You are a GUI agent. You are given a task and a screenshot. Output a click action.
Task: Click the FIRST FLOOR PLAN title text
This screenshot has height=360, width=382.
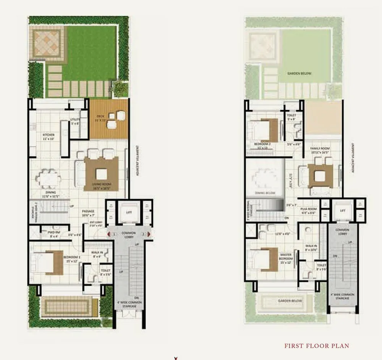click(x=317, y=346)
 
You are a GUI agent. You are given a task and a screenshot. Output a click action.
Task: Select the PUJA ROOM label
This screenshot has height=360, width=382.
click(x=308, y=210)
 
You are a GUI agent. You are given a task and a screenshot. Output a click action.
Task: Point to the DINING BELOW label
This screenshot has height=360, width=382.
click(x=265, y=193)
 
